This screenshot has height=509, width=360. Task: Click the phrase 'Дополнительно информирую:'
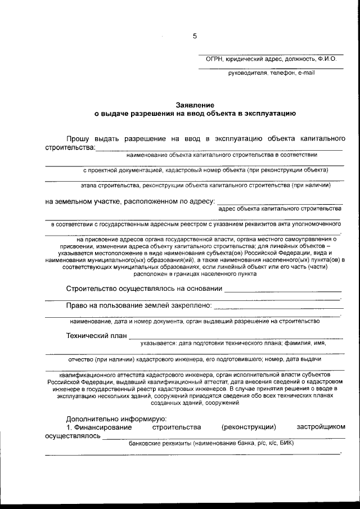116,418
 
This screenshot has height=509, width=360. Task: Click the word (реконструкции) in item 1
249,427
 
